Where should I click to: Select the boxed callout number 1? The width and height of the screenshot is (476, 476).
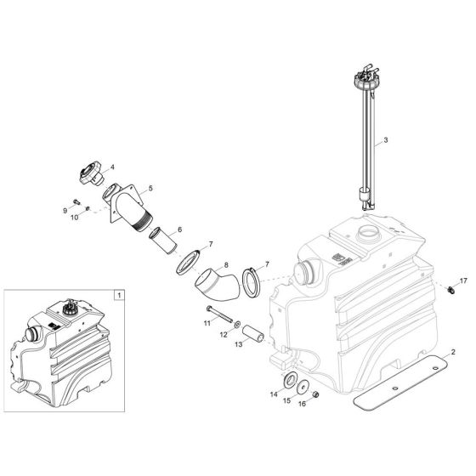pos(118,294)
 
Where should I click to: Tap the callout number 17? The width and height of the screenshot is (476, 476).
pos(463,280)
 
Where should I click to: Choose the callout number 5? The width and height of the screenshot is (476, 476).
pos(150,187)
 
